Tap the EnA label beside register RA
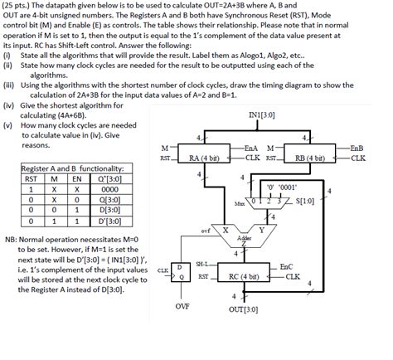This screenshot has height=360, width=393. coord(252,147)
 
